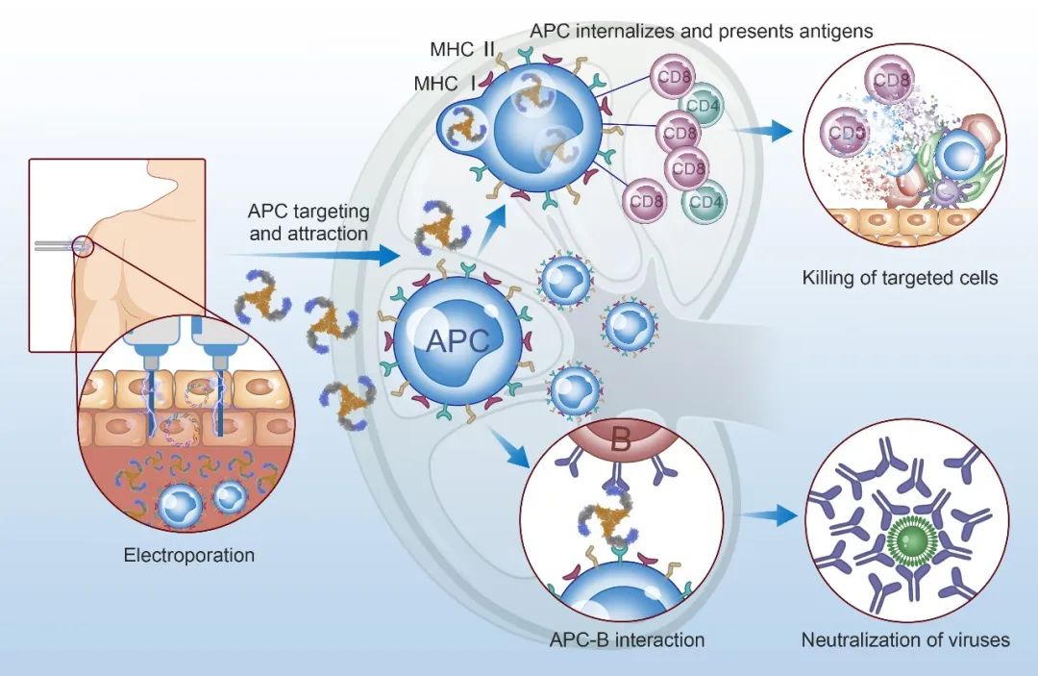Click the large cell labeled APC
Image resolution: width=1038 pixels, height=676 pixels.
pos(457,338)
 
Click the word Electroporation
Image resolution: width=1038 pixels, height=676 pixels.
pos(189,555)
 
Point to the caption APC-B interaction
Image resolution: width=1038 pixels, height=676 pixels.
pos(628,639)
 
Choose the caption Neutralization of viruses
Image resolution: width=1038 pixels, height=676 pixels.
pos(905,639)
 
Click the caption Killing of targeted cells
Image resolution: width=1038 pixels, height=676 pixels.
pos(901,279)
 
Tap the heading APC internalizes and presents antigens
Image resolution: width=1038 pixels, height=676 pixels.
pos(702,31)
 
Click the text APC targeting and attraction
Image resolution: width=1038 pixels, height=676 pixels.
pos(309,220)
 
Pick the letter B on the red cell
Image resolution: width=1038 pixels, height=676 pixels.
pos(621,443)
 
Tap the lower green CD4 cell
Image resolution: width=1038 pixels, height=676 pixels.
pos(704,203)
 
